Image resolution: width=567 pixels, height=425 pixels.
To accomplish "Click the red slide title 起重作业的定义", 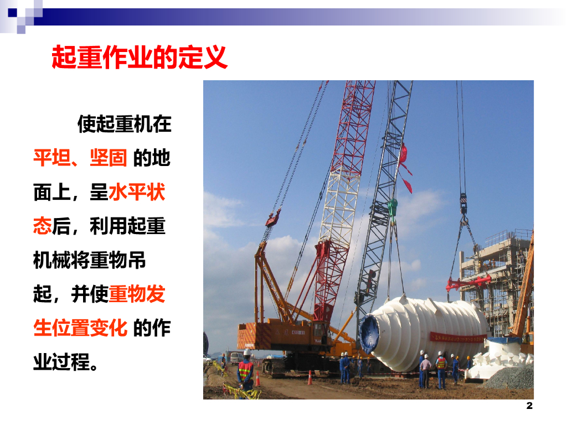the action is coord(140,57).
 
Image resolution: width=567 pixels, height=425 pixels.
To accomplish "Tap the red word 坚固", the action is coord(108,158).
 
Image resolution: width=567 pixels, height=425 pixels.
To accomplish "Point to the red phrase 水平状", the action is coord(137,191).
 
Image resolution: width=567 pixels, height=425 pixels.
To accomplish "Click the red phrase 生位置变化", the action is coord(80,328).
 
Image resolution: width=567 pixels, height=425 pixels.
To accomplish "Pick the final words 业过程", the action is coord(61,362).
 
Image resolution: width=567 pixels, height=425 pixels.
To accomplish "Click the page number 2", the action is coord(529,406).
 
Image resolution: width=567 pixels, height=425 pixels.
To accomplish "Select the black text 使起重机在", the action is coord(125,123).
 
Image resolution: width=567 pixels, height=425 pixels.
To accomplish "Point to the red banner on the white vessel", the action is coord(458,338).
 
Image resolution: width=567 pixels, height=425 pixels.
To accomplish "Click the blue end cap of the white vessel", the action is coord(369,333).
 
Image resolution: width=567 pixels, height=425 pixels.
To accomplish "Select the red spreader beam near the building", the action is coord(468,283).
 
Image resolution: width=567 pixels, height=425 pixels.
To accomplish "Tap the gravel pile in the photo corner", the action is coord(511,377).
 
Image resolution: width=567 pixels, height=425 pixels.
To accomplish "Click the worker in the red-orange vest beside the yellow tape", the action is coord(246,370).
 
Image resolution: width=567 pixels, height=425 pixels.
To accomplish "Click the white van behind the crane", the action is coord(236,358).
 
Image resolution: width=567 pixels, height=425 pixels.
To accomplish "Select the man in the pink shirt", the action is coord(426,370).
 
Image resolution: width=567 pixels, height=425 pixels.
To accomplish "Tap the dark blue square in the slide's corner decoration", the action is coord(12,13).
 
